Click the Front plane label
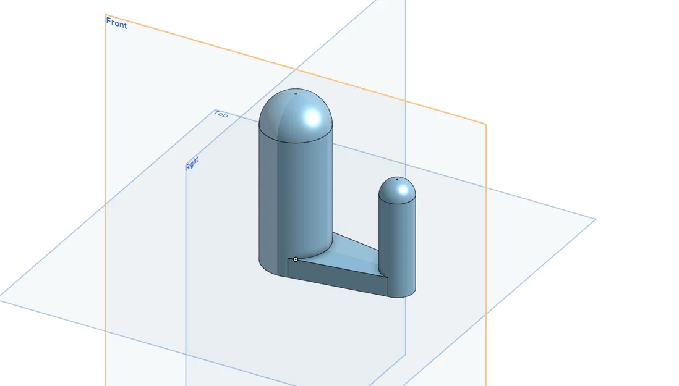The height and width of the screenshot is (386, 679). pyautogui.click(x=116, y=23)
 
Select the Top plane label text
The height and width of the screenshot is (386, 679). pyautogui.click(x=221, y=114)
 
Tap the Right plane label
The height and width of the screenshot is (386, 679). pyautogui.click(x=192, y=164)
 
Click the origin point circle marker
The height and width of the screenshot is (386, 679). pyautogui.click(x=296, y=259)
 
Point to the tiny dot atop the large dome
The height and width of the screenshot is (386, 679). pyautogui.click(x=296, y=94)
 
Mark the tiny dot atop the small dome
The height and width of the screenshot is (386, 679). pyautogui.click(x=397, y=179)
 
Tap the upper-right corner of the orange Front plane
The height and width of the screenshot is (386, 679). pyautogui.click(x=486, y=124)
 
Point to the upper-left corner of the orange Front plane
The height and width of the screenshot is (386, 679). pyautogui.click(x=105, y=15)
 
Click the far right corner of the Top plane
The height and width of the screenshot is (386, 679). pyautogui.click(x=595, y=219)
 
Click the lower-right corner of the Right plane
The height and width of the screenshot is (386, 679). pyautogui.click(x=405, y=354)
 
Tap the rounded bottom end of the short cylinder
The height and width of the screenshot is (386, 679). pyautogui.click(x=402, y=293)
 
